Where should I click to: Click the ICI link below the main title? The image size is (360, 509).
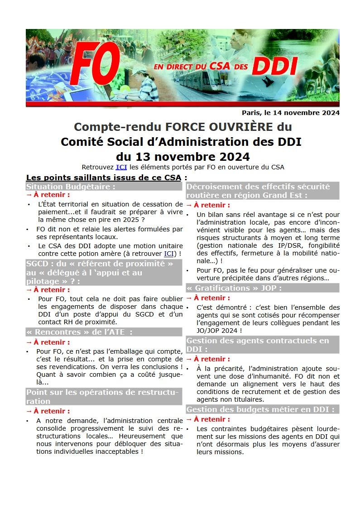point(121,167)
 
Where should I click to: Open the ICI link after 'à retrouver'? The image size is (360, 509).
point(168,253)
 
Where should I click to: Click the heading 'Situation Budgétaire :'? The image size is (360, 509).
point(70,186)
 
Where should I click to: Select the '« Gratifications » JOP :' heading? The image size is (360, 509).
point(234,288)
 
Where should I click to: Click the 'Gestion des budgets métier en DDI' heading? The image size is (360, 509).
point(260,409)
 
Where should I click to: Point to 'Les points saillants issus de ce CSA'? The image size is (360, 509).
point(104,177)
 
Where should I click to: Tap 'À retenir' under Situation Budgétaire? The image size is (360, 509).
point(51,195)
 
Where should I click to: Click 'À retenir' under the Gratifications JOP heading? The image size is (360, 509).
point(212,298)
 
